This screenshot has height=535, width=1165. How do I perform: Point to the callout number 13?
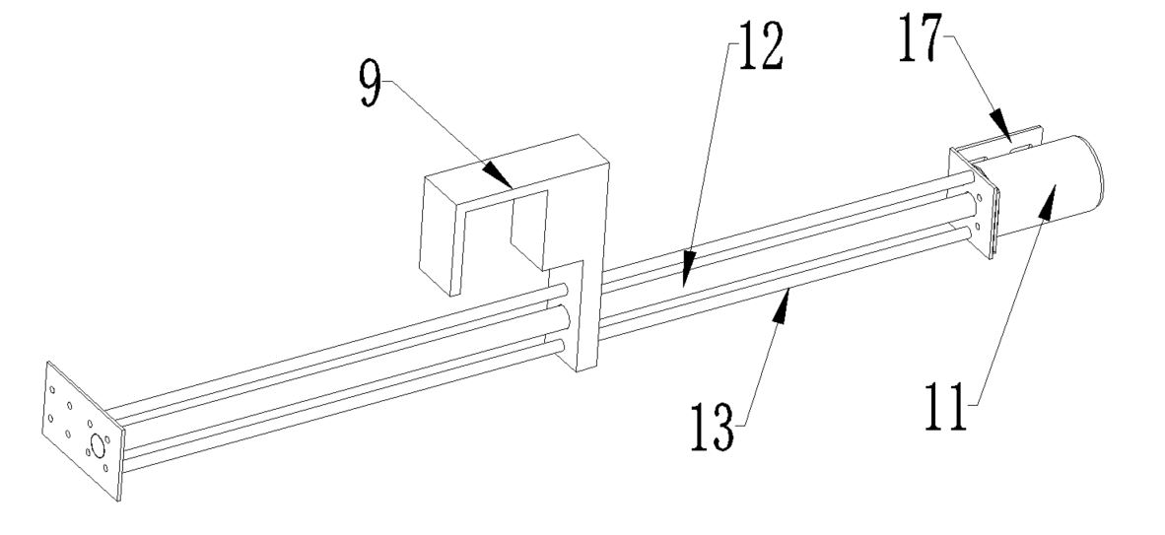(x=715, y=428)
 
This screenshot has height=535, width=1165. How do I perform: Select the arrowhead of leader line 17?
(x=1000, y=125)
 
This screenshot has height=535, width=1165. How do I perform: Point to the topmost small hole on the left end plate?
(x=52, y=389)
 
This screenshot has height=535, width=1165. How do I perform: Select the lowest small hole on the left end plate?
(x=105, y=468)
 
